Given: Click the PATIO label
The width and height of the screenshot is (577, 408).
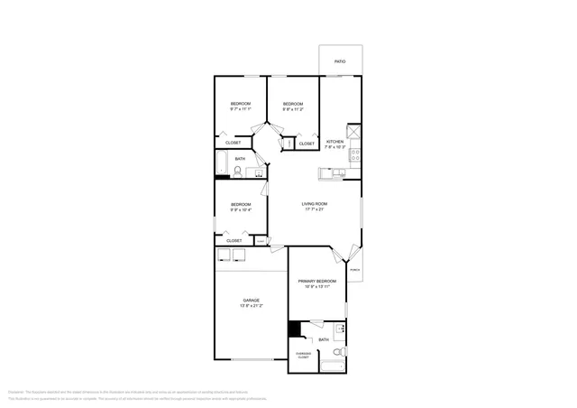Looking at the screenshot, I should tap(340, 61).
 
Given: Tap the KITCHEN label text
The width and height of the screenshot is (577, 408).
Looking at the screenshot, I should tap(334, 142).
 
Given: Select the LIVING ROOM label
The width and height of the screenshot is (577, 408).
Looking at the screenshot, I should tap(315, 204).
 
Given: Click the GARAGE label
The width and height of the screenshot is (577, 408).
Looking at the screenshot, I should tap(251, 301).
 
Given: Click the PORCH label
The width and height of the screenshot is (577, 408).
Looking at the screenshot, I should tap(354, 270).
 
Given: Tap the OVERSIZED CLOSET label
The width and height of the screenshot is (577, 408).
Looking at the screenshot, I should tap(303, 356).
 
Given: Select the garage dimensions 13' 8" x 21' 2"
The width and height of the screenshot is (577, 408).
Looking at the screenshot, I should tap(251, 307).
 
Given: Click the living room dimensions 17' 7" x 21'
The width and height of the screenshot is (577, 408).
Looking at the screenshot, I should tap(315, 210).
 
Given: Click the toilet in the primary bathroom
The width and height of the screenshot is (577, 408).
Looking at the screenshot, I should tap(338, 351).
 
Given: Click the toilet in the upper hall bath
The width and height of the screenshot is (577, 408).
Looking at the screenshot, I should tap(239, 169).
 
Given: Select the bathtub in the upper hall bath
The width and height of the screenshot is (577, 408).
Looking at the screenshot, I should tap(222, 163).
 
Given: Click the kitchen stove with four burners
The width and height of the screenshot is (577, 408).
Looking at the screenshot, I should tap(355, 153).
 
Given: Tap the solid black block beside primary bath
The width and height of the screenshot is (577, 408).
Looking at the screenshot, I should tap(293, 330).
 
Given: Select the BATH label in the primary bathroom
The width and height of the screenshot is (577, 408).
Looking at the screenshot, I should tap(323, 339).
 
